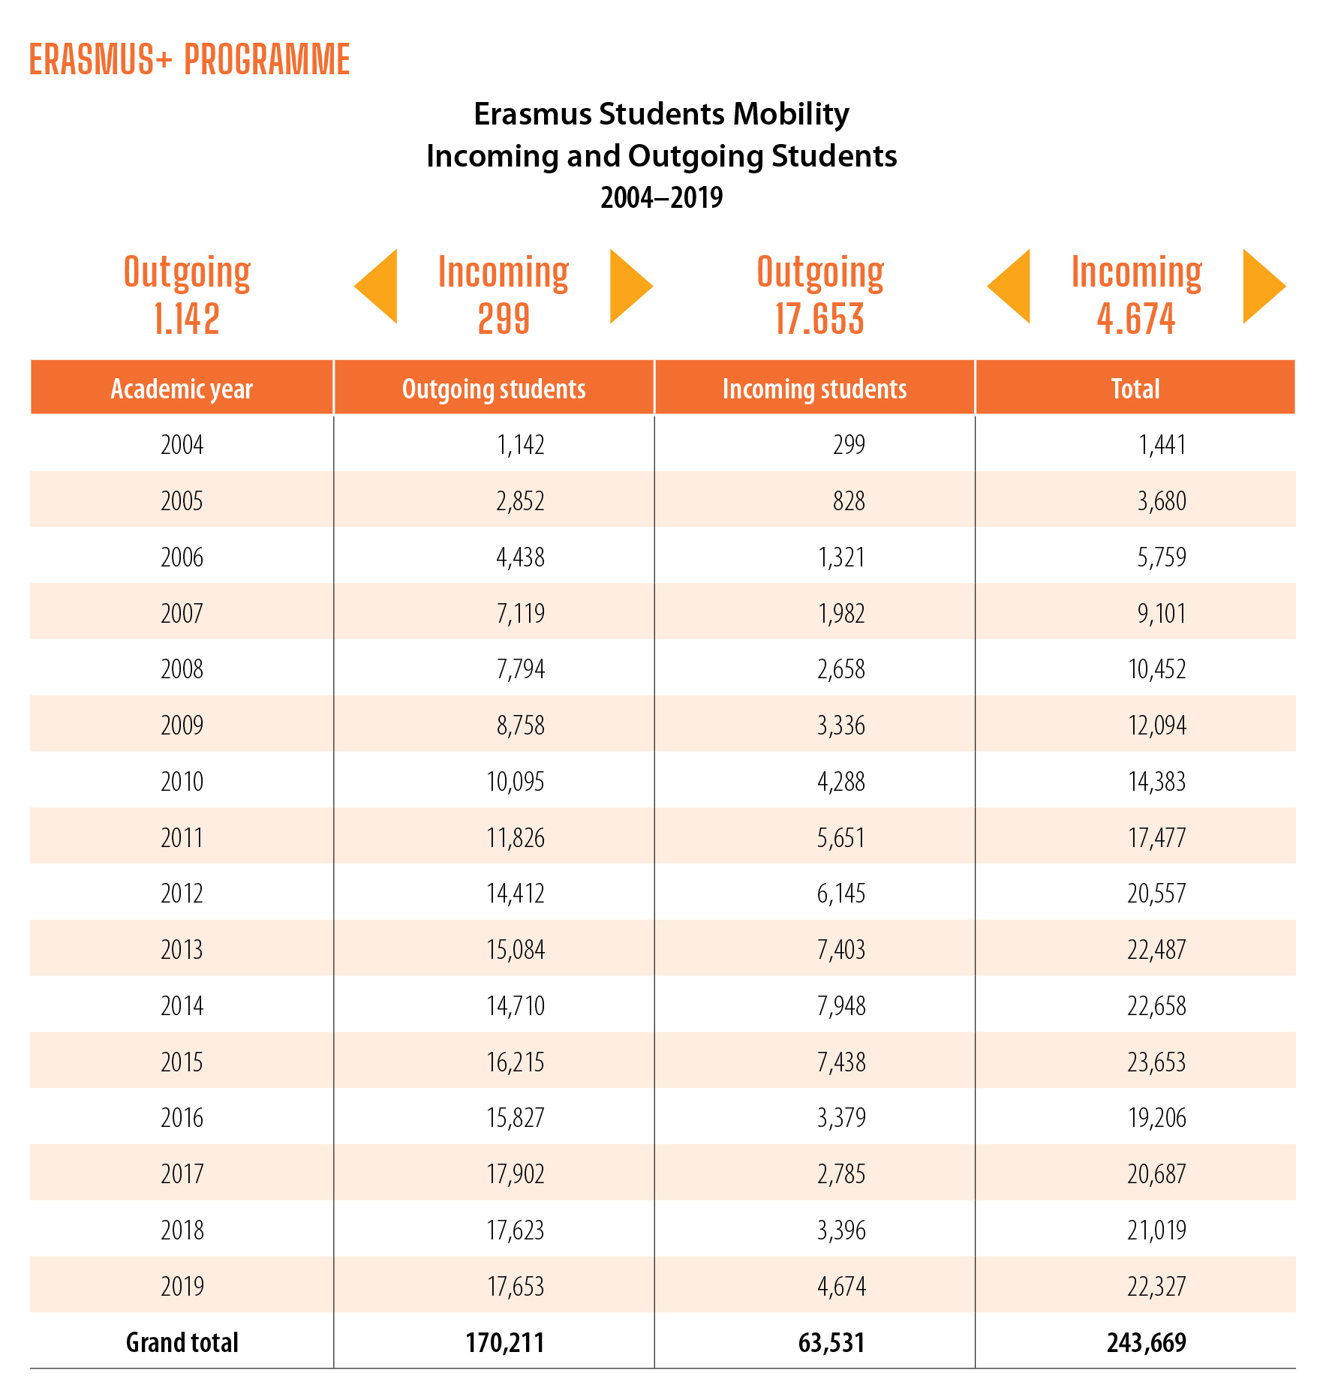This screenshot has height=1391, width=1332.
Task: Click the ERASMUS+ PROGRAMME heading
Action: tap(189, 60)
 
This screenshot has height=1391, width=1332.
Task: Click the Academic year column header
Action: tap(182, 389)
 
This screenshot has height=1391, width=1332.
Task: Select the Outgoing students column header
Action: tap(494, 389)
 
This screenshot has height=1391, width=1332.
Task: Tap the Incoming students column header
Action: tap(814, 389)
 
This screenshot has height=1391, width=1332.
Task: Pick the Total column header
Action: tap(1135, 389)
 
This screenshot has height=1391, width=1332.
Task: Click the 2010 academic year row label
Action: tap(182, 782)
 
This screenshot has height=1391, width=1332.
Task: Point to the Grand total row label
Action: tap(182, 1342)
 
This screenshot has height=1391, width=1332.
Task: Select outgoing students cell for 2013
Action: tap(516, 950)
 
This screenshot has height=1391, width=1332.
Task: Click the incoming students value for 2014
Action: tap(841, 1006)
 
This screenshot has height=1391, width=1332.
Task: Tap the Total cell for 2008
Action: tap(1157, 669)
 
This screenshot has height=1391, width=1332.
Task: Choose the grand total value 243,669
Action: tap(1147, 1342)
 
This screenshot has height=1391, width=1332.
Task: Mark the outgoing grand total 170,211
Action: tap(505, 1342)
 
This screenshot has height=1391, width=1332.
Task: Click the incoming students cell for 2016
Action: tap(841, 1118)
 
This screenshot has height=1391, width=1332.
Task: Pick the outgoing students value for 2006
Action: tap(520, 557)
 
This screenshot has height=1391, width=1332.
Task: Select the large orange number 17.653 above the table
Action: tap(819, 319)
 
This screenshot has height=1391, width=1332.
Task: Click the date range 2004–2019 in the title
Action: tap(661, 198)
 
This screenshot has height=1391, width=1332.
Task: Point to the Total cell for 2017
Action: tap(1156, 1174)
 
